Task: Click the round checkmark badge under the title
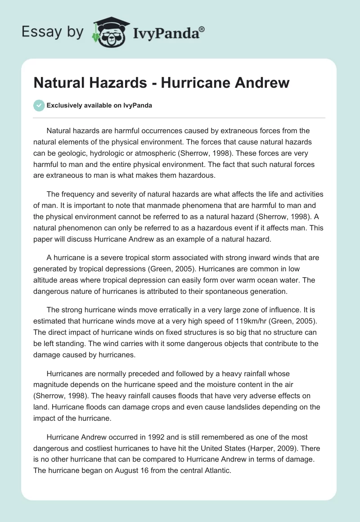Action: tap(39, 105)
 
